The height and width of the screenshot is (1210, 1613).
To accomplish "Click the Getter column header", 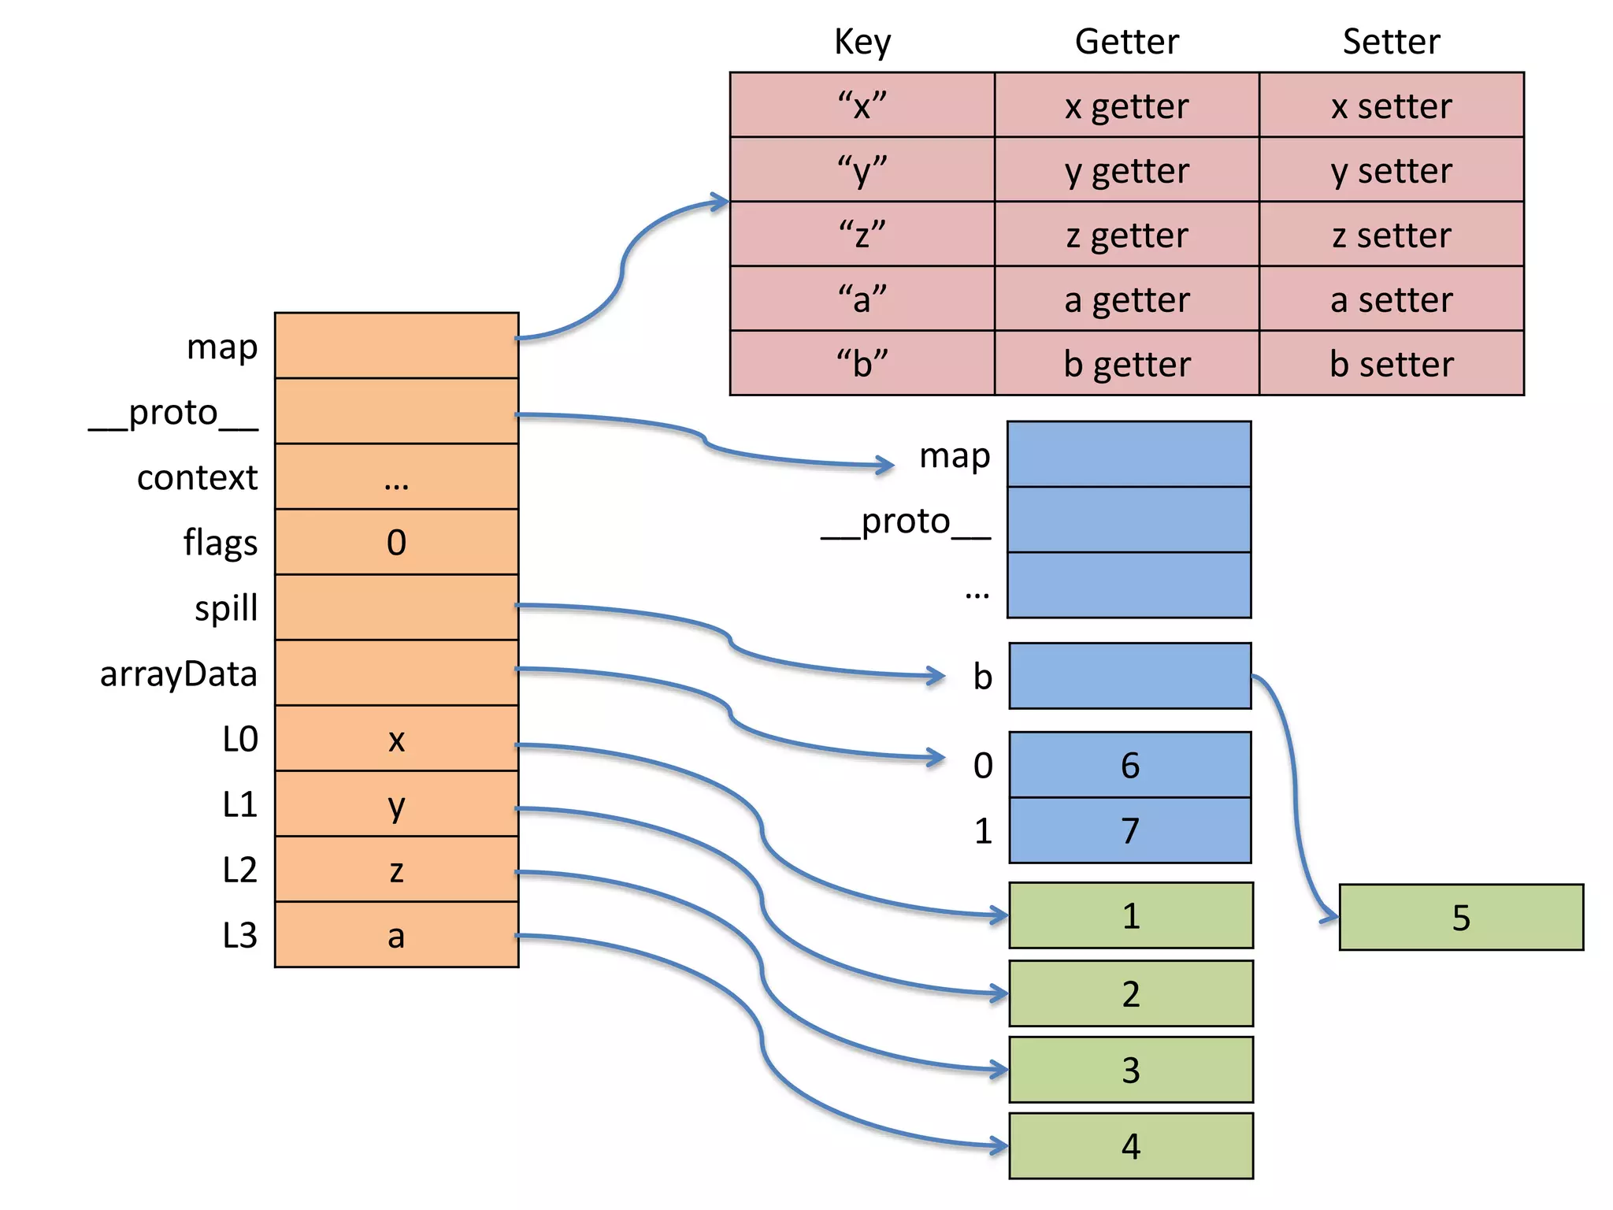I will (1126, 41).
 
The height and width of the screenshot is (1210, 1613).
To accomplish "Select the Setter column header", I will (1391, 41).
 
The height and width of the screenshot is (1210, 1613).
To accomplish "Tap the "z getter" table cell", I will (1126, 235).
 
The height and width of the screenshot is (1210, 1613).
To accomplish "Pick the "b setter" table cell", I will (1391, 363).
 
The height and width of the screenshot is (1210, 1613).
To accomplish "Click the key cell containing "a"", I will (862, 299).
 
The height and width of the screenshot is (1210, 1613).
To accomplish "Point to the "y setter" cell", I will (1391, 170).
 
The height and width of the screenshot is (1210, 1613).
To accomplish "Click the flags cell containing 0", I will (396, 542).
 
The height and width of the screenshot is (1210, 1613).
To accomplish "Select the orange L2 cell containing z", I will (396, 869).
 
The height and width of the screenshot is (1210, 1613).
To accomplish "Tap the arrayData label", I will (178, 674).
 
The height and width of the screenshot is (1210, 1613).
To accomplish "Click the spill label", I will (226, 608).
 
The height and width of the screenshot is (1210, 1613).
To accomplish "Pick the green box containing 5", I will (1461, 917).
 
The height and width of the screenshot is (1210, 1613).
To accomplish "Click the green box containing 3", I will (1131, 1070).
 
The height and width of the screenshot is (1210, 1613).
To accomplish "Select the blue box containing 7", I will (1129, 830).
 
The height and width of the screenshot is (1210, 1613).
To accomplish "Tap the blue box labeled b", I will (1129, 676).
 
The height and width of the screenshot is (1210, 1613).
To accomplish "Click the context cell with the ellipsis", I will (396, 477).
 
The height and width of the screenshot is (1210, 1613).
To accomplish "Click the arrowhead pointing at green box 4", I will (999, 1146).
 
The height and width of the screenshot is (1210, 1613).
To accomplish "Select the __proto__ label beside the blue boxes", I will (906, 521).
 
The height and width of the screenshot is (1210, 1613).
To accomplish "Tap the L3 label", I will (239, 935).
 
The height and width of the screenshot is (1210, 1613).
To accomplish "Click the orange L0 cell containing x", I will (396, 738).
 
